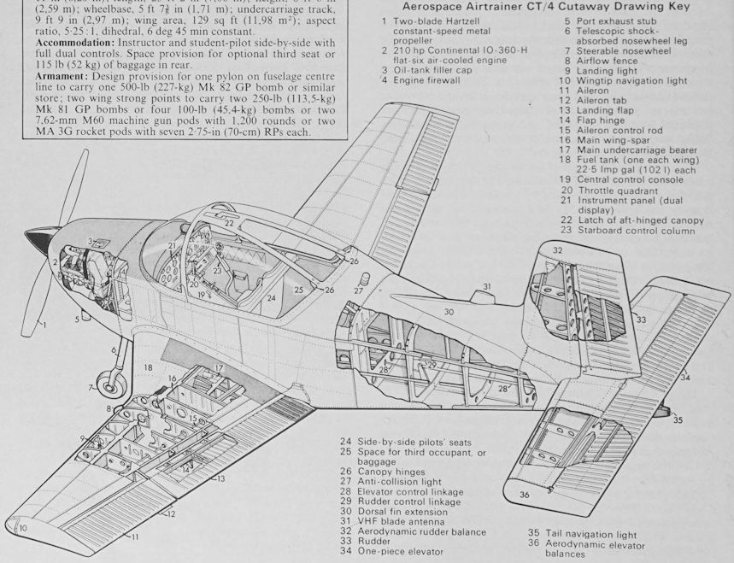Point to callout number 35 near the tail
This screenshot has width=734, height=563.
tap(678, 419)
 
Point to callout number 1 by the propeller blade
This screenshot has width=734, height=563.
tap(44, 325)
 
